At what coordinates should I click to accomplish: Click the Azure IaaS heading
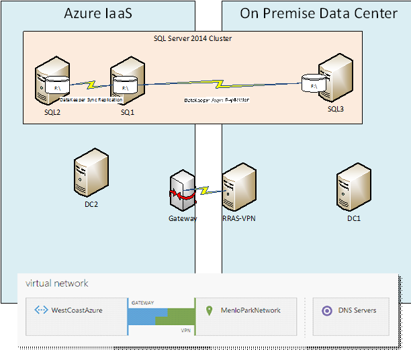coord(98,13)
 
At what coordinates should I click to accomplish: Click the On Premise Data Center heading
coord(318,13)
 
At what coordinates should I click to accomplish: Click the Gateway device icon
coord(183,192)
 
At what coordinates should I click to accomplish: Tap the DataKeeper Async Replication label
coord(217,99)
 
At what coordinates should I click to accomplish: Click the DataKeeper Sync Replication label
coord(91,99)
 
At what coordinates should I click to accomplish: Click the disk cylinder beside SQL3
coord(312,84)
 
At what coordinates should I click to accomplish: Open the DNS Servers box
coord(351,310)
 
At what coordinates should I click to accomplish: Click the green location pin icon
coord(209,310)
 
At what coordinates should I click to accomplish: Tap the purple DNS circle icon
coord(327,310)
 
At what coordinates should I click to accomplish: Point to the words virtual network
coord(57,283)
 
